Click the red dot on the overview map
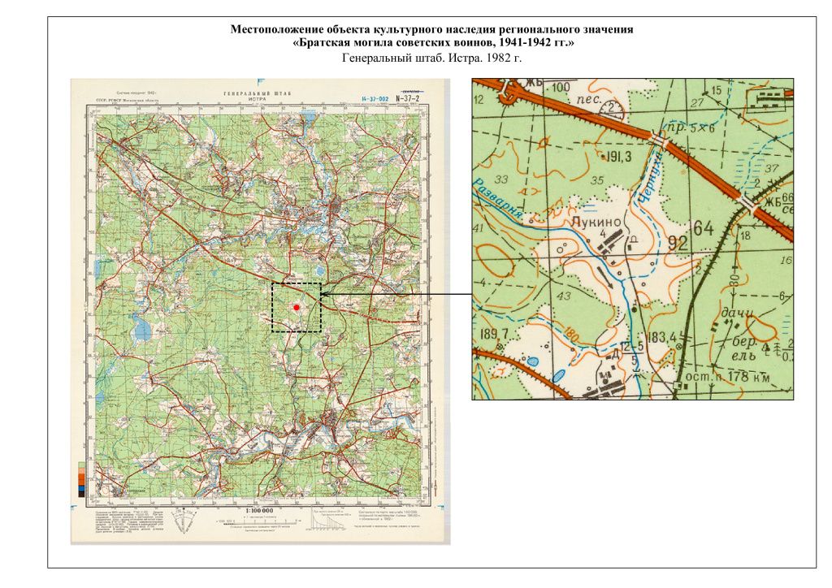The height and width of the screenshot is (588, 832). pyautogui.click(x=297, y=307)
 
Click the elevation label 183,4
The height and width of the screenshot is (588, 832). pyautogui.click(x=662, y=337)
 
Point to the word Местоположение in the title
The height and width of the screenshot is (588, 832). pyautogui.click(x=275, y=29)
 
